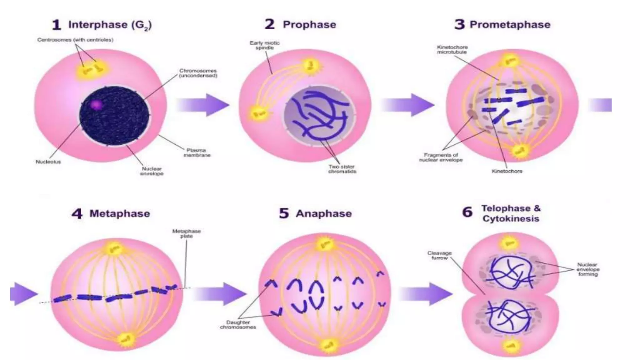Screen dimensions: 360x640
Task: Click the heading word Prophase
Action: (309, 25)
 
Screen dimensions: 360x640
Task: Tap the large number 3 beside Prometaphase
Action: (459, 24)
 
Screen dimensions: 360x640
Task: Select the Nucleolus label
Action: (48, 162)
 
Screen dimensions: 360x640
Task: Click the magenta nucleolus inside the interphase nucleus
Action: (96, 105)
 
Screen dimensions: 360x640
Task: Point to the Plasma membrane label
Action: (197, 152)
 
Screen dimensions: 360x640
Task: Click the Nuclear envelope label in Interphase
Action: (152, 171)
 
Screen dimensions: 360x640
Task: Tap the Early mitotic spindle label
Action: (264, 45)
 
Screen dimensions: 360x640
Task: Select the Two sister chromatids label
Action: (342, 169)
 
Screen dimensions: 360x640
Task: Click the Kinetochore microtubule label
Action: (452, 50)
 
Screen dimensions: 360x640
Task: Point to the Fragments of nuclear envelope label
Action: (441, 157)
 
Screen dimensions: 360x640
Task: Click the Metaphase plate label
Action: (187, 233)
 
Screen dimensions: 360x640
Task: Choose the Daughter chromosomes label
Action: (238, 325)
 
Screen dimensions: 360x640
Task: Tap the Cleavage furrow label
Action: (439, 255)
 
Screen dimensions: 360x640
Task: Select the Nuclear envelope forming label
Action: (588, 269)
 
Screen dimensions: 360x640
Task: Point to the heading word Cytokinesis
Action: (511, 218)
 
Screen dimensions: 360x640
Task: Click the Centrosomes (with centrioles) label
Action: (75, 40)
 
